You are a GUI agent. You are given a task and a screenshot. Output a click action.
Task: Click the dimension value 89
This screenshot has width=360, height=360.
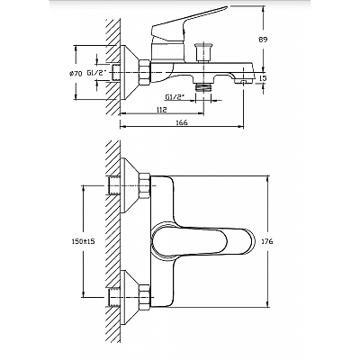[262, 39]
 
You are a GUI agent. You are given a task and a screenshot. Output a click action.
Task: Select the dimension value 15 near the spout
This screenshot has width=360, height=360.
[263, 78]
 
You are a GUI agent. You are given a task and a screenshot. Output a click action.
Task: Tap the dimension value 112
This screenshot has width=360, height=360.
[161, 110]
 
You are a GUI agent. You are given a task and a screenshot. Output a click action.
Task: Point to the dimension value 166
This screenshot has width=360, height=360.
[182, 122]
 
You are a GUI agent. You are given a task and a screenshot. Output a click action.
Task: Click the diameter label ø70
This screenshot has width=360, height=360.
[76, 73]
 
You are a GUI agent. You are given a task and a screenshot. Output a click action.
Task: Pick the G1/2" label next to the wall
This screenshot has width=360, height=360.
[97, 73]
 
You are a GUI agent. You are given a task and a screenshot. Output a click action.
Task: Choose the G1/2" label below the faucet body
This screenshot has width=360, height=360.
[175, 97]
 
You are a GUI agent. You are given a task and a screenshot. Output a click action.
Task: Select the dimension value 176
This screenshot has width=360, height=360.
[267, 241]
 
